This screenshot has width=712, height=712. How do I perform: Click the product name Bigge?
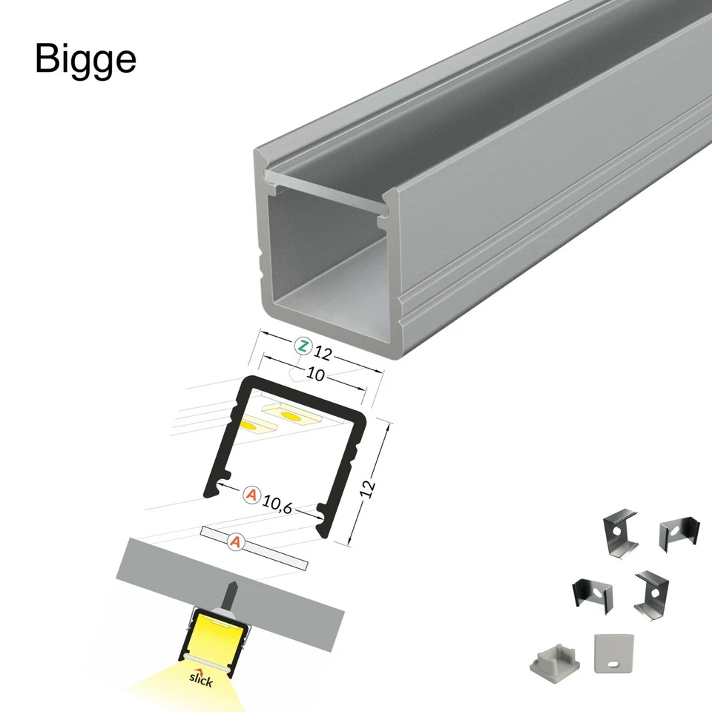[85, 60]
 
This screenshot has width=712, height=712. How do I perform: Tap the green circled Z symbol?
[303, 346]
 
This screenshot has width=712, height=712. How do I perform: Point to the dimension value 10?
[315, 375]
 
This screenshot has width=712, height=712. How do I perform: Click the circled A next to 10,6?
[252, 493]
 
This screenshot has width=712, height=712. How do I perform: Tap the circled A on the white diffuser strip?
[236, 542]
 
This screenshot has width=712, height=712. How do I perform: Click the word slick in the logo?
[201, 679]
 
